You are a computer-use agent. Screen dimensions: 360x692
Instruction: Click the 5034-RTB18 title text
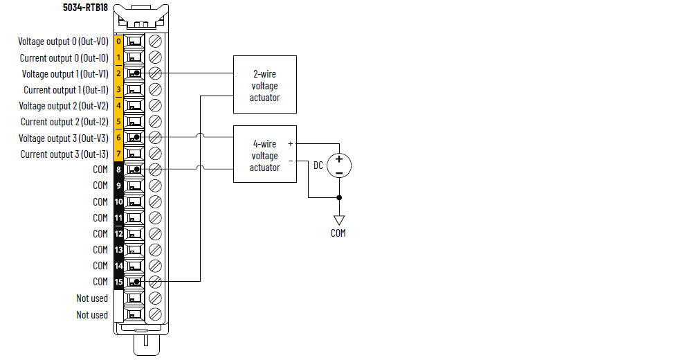point(85,8)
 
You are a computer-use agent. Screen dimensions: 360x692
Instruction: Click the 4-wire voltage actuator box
point(265,154)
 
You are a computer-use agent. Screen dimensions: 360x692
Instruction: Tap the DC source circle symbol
point(339,165)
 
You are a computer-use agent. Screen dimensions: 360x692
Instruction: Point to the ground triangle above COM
point(339,220)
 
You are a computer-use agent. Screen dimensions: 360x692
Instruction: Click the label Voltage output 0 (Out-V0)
point(63,42)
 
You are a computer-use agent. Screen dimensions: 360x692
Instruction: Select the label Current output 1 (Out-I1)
point(66,90)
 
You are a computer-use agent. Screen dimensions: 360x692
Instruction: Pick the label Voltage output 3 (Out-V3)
point(63,138)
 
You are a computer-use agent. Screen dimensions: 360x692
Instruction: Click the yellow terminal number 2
point(118,73)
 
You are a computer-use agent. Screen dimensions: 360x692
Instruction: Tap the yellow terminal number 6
point(118,138)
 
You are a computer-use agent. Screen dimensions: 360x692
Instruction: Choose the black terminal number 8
point(118,170)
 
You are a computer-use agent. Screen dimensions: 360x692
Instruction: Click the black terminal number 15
point(118,282)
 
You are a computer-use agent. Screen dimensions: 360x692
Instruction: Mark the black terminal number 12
point(118,234)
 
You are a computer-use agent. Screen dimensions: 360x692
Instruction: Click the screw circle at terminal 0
point(156,42)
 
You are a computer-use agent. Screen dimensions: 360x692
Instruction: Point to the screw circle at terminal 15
point(156,282)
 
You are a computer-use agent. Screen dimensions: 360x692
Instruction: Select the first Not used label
point(92,298)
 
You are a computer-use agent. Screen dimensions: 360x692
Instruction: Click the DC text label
point(318,165)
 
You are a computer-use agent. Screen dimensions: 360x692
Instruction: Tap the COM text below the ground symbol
point(338,233)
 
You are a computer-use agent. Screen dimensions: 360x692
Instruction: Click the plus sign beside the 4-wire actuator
point(290,144)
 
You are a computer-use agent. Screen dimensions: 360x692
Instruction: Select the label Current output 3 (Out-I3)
point(64,154)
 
